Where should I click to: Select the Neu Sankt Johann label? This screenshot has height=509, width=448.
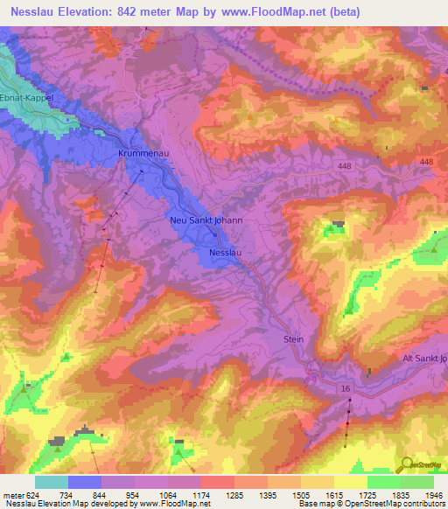(x=206, y=221)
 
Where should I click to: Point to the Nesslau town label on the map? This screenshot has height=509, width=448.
(x=225, y=254)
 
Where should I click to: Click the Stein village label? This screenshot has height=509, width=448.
(x=293, y=338)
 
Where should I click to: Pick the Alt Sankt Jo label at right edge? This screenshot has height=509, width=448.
(x=424, y=359)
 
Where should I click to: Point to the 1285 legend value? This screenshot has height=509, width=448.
(x=234, y=494)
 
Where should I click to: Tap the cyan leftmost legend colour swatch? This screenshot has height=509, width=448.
(x=51, y=482)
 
